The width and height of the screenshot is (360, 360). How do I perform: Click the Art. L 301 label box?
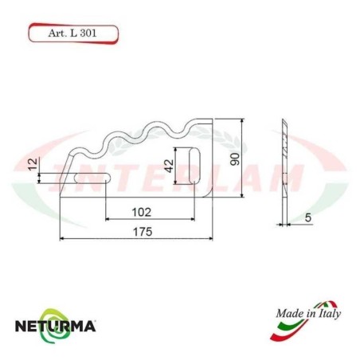[x=73, y=34]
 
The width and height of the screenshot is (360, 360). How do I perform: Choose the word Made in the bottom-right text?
[x=289, y=313]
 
